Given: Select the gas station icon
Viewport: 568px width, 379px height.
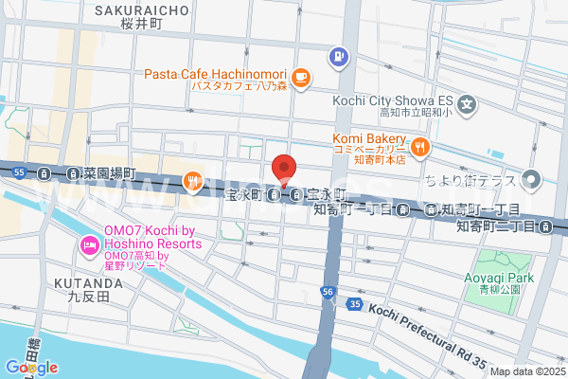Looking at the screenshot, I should pos(336,59).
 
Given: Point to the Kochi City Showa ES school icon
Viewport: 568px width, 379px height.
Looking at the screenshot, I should pos(467,103).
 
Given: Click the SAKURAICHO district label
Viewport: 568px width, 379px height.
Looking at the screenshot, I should pos(142,10).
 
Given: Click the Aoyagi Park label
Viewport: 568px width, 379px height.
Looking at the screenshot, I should pos(500,277).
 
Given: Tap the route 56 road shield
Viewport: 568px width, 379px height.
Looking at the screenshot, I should pos(328,291).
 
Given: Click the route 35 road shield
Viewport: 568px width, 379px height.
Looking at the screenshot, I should pos(354,304).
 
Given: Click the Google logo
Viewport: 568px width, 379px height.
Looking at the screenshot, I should pos(31,367).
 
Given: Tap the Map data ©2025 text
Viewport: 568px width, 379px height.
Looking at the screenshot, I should pos(525,371).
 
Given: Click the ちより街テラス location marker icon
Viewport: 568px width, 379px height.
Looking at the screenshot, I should pos(532,178).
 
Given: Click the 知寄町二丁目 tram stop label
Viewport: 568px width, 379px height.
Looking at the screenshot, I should pos(494,226).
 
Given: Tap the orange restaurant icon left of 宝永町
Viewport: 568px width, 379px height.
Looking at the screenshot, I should pos(192,178).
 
